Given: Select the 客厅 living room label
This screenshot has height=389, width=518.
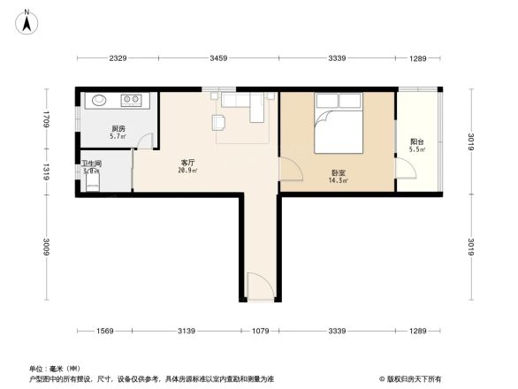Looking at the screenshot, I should tap(187, 162).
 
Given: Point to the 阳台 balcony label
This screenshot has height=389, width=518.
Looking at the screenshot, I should tap(416, 141).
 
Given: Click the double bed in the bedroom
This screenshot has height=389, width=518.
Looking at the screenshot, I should tap(337, 127).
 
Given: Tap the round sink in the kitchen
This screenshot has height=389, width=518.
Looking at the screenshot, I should tap(97, 100).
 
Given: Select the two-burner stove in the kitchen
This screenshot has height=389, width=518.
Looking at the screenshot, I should tap(133, 100).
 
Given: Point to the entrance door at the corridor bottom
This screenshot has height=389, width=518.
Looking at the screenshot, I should tap(258, 287).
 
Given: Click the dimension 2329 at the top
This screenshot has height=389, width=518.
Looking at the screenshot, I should tap(118, 58).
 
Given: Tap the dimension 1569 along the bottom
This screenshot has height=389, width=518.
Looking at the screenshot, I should tap(105, 331).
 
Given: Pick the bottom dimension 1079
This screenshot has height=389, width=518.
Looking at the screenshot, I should tap(261, 331).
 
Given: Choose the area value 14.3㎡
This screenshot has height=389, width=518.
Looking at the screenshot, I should tap(339, 181).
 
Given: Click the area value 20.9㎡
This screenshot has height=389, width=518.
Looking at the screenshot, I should tap(187, 171).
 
